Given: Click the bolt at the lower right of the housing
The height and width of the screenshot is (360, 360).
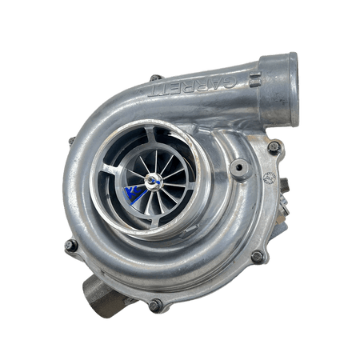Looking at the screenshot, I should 256,256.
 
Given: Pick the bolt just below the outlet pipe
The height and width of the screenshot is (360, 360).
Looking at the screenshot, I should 274,148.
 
